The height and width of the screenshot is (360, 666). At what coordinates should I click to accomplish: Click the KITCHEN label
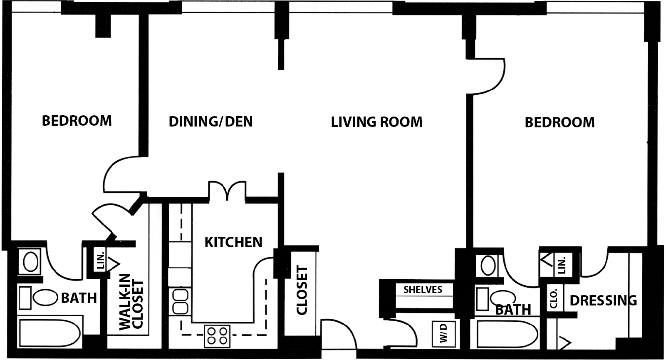(x=233, y=242)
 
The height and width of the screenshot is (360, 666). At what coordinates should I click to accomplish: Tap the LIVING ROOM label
(x=377, y=122)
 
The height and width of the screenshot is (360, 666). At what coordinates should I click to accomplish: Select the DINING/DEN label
(x=211, y=122)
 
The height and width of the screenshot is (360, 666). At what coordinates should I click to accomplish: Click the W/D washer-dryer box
(x=443, y=333)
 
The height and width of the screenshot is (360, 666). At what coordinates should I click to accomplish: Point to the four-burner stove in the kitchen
(x=217, y=336)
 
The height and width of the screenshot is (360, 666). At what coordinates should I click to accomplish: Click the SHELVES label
(x=423, y=290)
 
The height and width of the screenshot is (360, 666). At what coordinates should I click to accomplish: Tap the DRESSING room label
(x=603, y=300)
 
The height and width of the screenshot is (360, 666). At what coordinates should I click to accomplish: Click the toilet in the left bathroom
(x=38, y=298)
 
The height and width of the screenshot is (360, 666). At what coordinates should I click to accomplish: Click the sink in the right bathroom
(x=488, y=266)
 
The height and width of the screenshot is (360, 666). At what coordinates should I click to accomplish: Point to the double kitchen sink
(x=180, y=302)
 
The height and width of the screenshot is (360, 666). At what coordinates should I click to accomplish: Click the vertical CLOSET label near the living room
(x=302, y=290)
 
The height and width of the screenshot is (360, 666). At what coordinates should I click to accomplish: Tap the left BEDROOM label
(x=77, y=121)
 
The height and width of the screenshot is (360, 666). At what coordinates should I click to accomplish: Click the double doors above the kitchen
(x=228, y=191)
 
